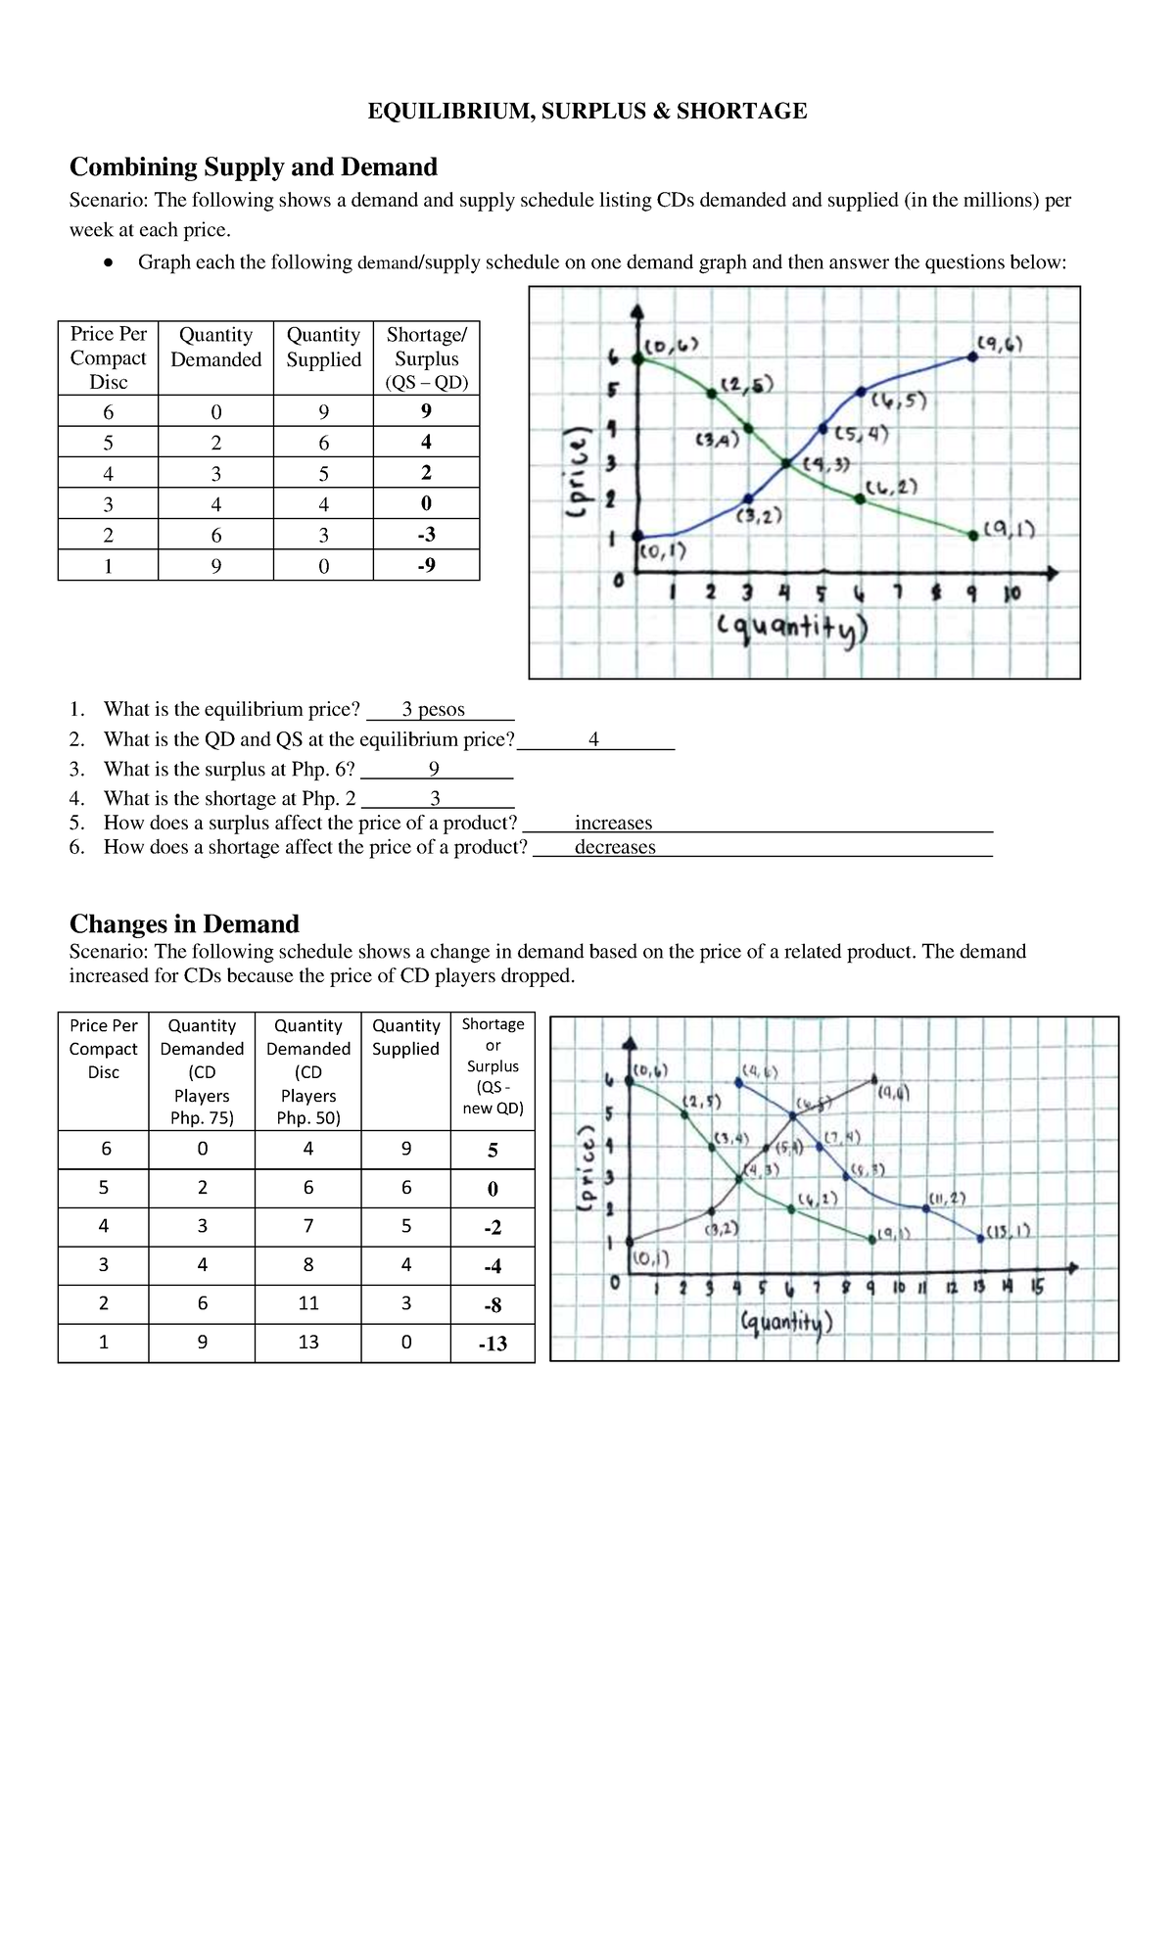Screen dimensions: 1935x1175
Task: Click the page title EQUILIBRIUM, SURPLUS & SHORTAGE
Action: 587,111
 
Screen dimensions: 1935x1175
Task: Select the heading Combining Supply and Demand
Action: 253,166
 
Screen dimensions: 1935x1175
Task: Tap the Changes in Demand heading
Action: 184,923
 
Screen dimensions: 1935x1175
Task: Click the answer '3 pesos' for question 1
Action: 433,709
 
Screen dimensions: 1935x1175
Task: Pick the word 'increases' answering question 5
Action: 613,823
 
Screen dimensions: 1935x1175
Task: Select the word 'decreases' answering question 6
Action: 615,847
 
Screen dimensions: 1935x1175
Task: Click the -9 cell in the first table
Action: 426,565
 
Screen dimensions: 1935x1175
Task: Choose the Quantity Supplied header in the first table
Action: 323,347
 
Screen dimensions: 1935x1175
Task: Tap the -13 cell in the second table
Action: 493,1344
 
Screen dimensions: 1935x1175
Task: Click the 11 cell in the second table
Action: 307,1303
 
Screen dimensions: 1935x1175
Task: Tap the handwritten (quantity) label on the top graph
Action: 792,628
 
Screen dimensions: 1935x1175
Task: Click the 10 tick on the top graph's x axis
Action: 1011,593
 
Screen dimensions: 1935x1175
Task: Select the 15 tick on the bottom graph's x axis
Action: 1037,1288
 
